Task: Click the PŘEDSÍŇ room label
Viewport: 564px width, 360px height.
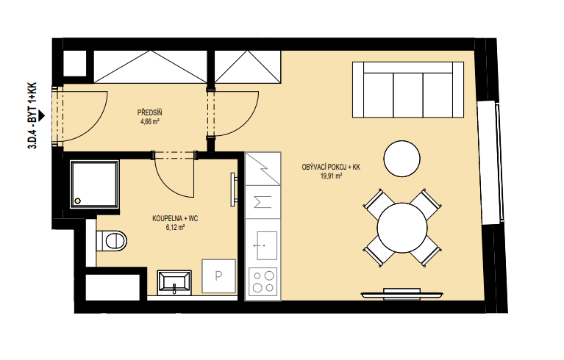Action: [149, 113]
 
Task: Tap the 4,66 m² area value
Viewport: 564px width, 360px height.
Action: [149, 121]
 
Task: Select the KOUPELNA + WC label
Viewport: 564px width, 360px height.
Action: [175, 218]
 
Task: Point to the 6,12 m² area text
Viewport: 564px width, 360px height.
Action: [175, 227]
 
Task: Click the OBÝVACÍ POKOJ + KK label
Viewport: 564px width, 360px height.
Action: [331, 167]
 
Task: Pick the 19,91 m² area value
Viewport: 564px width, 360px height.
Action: [331, 176]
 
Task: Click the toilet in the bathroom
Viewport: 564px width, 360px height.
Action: [112, 240]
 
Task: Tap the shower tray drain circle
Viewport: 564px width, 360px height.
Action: [78, 201]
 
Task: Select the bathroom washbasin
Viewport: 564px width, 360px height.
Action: [174, 281]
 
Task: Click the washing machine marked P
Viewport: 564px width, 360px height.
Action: [218, 276]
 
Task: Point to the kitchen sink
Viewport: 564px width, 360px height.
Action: [266, 245]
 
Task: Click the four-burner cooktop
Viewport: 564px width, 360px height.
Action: [263, 281]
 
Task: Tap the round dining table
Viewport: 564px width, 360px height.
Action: [402, 228]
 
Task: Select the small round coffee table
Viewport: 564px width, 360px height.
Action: [401, 159]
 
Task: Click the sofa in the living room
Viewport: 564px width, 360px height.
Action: [408, 90]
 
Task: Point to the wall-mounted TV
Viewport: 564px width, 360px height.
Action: [401, 295]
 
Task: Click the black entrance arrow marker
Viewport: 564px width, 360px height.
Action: [42, 115]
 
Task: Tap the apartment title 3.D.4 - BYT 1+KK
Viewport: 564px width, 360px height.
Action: [32, 115]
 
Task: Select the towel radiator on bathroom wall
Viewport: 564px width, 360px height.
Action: [233, 190]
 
